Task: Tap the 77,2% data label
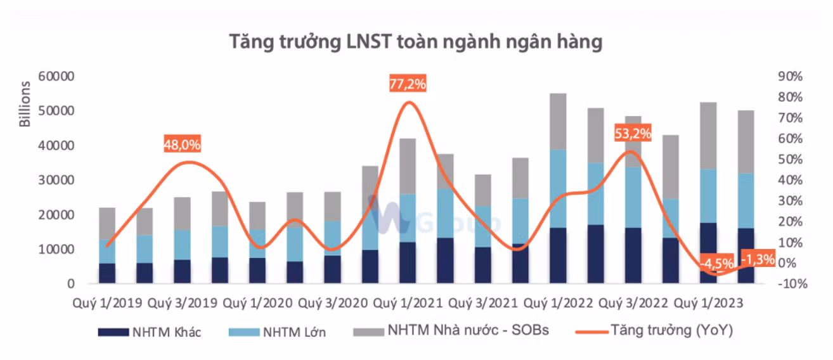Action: [x=408, y=84]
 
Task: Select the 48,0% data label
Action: [x=183, y=144]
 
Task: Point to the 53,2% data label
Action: [x=633, y=134]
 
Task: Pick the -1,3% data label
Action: [x=757, y=259]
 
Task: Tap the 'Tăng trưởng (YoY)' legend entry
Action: [x=671, y=331]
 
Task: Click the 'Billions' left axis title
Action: [x=25, y=104]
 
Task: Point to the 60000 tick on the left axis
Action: [x=58, y=77]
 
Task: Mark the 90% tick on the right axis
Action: [x=789, y=77]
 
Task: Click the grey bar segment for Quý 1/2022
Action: [x=558, y=121]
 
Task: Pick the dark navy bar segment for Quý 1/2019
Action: [x=107, y=273]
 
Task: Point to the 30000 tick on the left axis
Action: [x=58, y=181]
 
